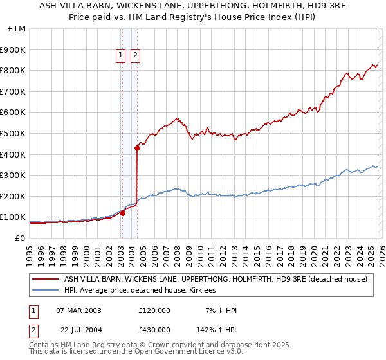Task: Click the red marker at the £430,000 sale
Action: pos(138,148)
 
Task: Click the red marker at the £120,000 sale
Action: pos(122,213)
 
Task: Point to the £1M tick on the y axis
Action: pos(17,29)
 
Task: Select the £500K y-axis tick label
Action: pos(15,134)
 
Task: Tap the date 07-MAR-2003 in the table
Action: pos(78,310)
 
